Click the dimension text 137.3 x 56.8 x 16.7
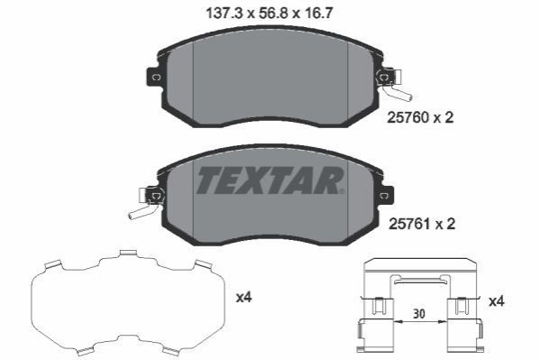(270, 14)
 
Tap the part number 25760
(408, 118)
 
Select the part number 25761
(410, 224)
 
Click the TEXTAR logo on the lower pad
(270, 180)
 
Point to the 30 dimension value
(419, 314)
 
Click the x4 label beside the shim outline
(243, 297)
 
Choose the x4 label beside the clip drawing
(497, 301)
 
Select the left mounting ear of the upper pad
(154, 77)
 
